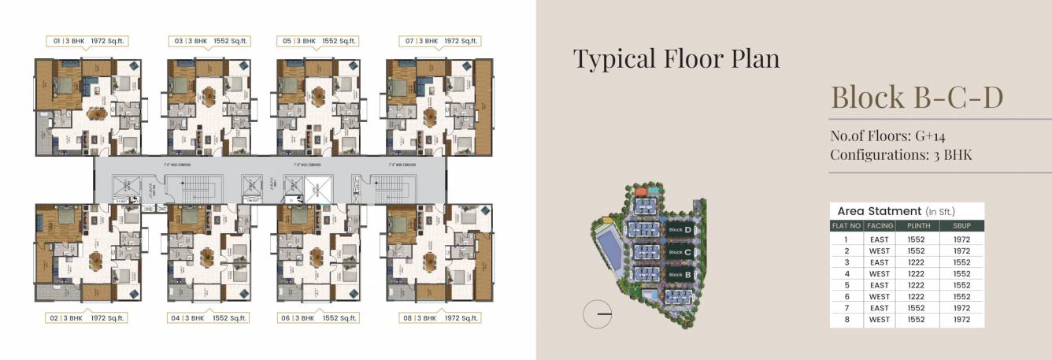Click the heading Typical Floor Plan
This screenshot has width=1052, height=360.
coord(676,58)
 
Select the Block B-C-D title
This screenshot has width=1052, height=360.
coord(917,98)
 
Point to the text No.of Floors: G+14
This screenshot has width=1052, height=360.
coord(887,136)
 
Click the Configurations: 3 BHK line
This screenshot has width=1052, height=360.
coord(901,154)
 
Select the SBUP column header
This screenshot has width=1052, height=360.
coord(961,225)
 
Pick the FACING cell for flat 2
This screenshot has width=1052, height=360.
coord(879,251)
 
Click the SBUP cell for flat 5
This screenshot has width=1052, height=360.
coord(961,285)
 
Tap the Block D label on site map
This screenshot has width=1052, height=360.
coord(679,230)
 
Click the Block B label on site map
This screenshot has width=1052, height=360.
coord(679,274)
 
